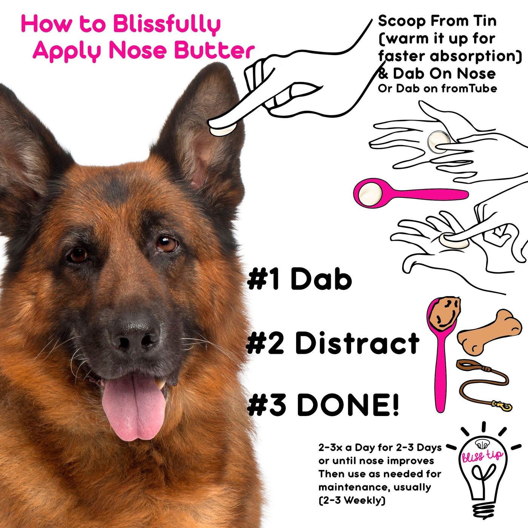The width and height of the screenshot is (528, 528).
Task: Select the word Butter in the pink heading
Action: (x=215, y=51)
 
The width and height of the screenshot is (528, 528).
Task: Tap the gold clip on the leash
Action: (x=502, y=405)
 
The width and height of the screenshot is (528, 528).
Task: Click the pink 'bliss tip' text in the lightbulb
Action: (x=482, y=456)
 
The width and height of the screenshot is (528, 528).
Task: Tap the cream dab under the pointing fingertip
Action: (x=223, y=130)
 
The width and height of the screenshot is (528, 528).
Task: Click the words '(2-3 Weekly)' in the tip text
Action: (x=352, y=500)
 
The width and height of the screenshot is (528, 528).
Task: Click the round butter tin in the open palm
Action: (x=438, y=142)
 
